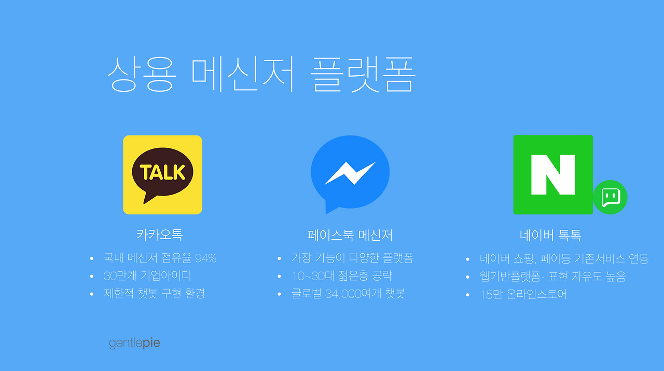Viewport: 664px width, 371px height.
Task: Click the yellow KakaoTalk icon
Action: (x=162, y=175)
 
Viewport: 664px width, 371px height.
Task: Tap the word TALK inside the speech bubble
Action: (x=162, y=172)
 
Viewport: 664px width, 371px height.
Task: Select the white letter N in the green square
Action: (x=553, y=175)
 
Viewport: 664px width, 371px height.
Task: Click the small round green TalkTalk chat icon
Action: (x=611, y=197)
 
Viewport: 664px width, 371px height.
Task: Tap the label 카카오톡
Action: (x=159, y=235)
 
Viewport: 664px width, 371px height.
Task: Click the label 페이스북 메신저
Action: (x=350, y=236)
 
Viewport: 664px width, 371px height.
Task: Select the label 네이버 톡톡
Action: (x=550, y=236)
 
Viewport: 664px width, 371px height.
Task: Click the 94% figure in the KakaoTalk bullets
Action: (x=206, y=258)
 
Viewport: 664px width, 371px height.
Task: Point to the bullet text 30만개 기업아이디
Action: (x=147, y=276)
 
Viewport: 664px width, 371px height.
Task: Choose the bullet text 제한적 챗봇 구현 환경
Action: (x=154, y=294)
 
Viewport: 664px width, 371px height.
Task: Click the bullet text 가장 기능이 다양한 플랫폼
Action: (x=352, y=258)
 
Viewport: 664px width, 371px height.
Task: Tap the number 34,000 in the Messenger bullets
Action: (x=343, y=294)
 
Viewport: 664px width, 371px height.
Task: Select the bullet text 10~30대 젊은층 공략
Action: (x=342, y=276)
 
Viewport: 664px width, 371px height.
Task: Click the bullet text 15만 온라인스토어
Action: (x=523, y=295)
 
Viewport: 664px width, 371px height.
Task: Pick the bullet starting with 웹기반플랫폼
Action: (x=552, y=277)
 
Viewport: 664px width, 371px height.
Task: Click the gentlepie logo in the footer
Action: (x=134, y=343)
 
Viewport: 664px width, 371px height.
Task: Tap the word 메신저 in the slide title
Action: (x=243, y=74)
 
